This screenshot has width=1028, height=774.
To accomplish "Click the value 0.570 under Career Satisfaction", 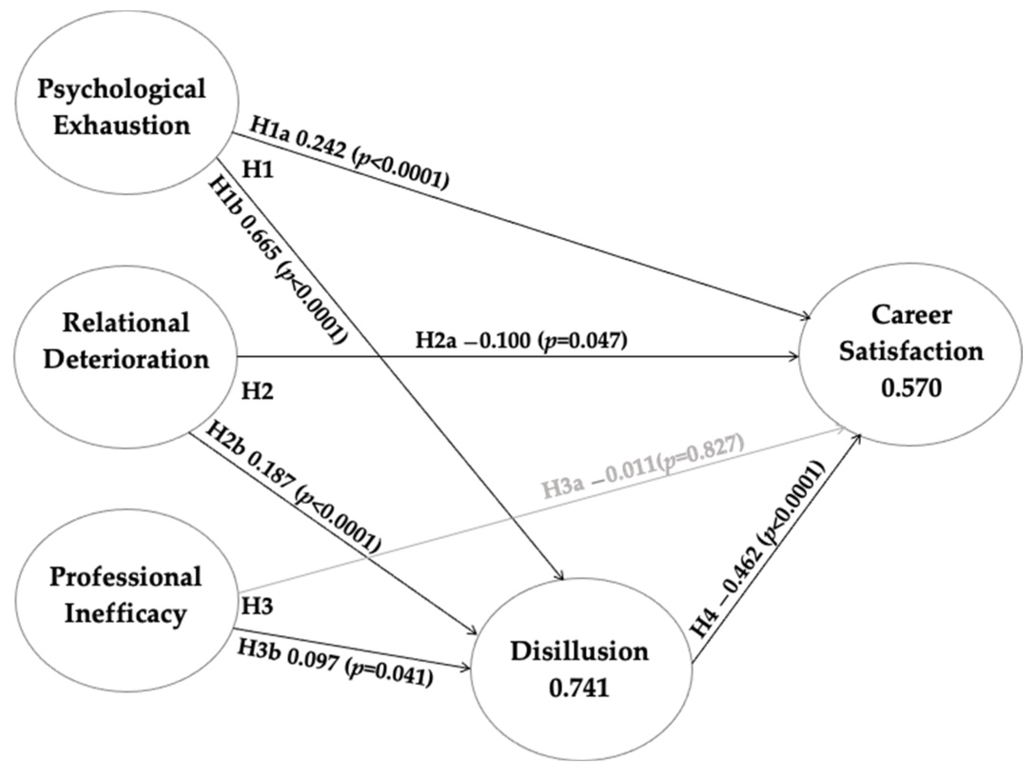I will (x=911, y=388).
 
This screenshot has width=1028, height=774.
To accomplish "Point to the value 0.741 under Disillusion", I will (x=578, y=688).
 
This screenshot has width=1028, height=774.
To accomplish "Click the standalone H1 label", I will (x=258, y=169).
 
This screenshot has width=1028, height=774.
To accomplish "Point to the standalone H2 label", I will (x=257, y=391).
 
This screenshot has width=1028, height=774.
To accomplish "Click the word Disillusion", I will (x=579, y=651).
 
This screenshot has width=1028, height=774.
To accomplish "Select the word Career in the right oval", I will (x=911, y=315).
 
